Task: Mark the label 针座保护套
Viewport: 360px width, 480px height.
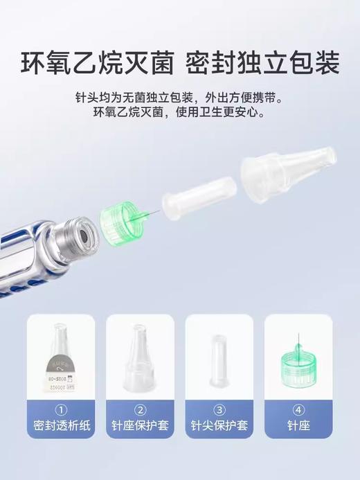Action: tap(140, 425)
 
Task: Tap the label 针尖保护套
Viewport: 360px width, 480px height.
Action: tap(219, 425)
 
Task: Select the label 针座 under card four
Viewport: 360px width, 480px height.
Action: tap(298, 425)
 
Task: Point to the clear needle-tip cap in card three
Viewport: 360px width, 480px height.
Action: tap(219, 360)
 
